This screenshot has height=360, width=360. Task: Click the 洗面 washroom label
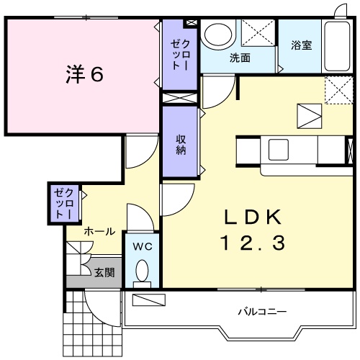(240, 58)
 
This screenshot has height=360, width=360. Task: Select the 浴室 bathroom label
(301, 45)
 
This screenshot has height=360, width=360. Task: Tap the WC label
(142, 246)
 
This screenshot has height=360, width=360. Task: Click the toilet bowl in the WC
(142, 272)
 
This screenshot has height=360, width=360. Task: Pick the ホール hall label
(99, 231)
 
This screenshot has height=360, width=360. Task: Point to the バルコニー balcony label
(263, 312)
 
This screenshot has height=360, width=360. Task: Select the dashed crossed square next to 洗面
(257, 35)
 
